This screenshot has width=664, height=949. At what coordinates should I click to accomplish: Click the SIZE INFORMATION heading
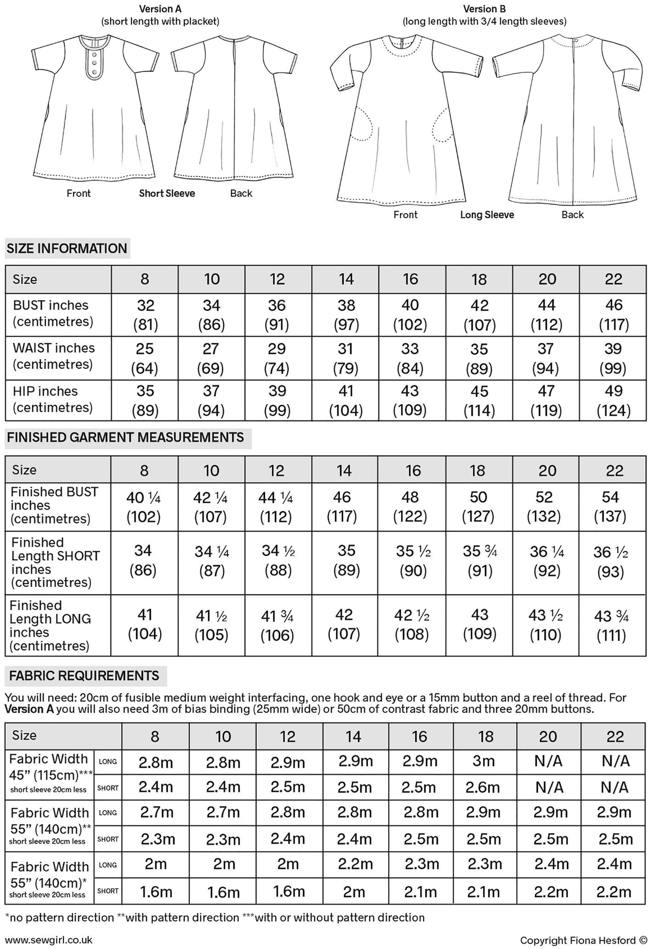pyautogui.click(x=67, y=248)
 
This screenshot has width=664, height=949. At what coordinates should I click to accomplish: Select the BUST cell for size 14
pyautogui.click(x=346, y=315)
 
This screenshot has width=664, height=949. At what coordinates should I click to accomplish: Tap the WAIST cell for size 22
pyautogui.click(x=613, y=358)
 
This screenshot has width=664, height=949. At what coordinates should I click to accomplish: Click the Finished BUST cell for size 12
pyautogui.click(x=277, y=507)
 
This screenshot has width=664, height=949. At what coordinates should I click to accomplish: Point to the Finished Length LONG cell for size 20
pyautogui.click(x=545, y=625)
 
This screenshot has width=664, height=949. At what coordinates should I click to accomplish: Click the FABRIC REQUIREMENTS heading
pyautogui.click(x=84, y=676)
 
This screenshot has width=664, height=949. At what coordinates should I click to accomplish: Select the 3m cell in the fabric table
pyautogui.click(x=484, y=761)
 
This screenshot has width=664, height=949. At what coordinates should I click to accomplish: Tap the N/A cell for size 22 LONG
pyautogui.click(x=615, y=761)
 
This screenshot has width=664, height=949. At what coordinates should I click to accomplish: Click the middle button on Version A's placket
pyautogui.click(x=94, y=62)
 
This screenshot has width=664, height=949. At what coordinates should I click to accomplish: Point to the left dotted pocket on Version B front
pyautogui.click(x=363, y=123)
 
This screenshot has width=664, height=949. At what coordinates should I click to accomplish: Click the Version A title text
pyautogui.click(x=160, y=9)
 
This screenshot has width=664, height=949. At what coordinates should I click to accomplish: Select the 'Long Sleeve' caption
pyautogui.click(x=487, y=215)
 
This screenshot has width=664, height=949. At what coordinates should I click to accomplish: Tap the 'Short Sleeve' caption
pyautogui.click(x=167, y=194)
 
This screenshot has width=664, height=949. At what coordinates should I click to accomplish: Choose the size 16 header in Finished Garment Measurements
pyautogui.click(x=413, y=470)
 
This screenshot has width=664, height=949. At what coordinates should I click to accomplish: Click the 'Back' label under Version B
pyautogui.click(x=572, y=215)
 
